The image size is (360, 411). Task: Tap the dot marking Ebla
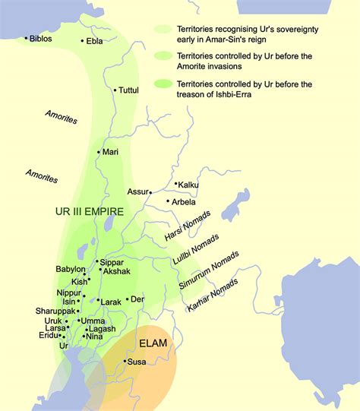click(84, 42)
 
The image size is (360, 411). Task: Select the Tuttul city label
click(129, 90)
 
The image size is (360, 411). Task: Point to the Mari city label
click(110, 152)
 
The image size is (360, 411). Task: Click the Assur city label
click(137, 191)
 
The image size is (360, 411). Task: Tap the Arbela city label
click(183, 202)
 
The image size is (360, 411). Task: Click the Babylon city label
click(71, 270)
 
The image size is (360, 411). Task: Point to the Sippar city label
click(112, 262)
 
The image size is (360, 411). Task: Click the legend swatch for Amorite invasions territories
click(163, 55)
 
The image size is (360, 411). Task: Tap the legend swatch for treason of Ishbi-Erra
click(163, 83)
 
